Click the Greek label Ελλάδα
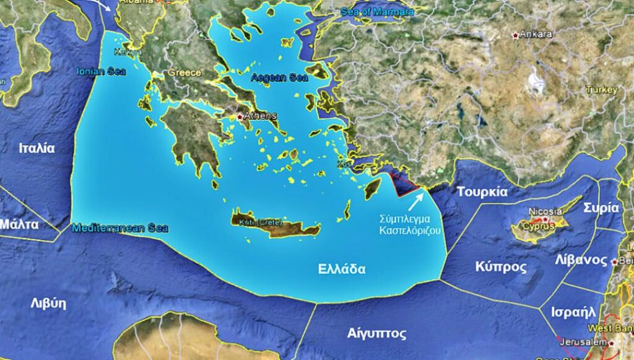(341, 270)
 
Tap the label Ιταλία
(37, 149)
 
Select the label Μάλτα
(20, 224)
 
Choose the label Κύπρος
(501, 267)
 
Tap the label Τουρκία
(482, 192)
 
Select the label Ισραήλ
(576, 312)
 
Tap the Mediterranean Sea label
(119, 228)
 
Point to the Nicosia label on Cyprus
(545, 211)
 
